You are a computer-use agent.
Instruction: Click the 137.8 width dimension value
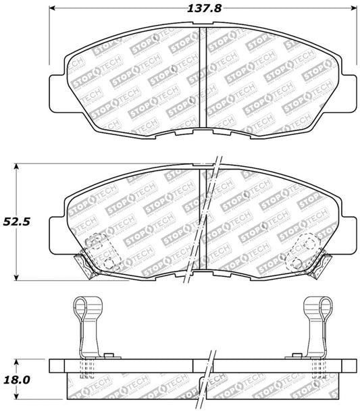pyautogui.click(x=204, y=9)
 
